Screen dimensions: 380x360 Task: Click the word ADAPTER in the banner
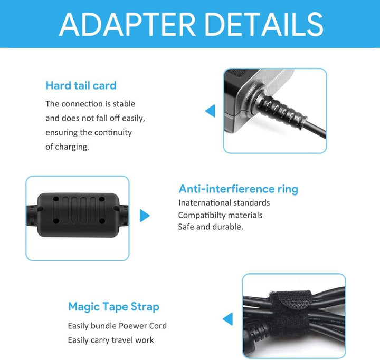(127, 24)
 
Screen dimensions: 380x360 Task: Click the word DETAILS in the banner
(264, 24)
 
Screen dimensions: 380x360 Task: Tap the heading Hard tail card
(81, 86)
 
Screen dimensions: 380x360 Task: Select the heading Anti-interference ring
(239, 189)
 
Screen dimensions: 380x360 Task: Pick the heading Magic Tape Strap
(113, 307)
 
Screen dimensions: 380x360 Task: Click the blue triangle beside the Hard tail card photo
(211, 111)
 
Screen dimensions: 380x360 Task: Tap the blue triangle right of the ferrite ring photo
(145, 216)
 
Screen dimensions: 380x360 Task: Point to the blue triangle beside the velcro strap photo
(228, 319)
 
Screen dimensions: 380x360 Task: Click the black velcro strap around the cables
(289, 314)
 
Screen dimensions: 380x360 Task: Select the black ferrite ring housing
(79, 215)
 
